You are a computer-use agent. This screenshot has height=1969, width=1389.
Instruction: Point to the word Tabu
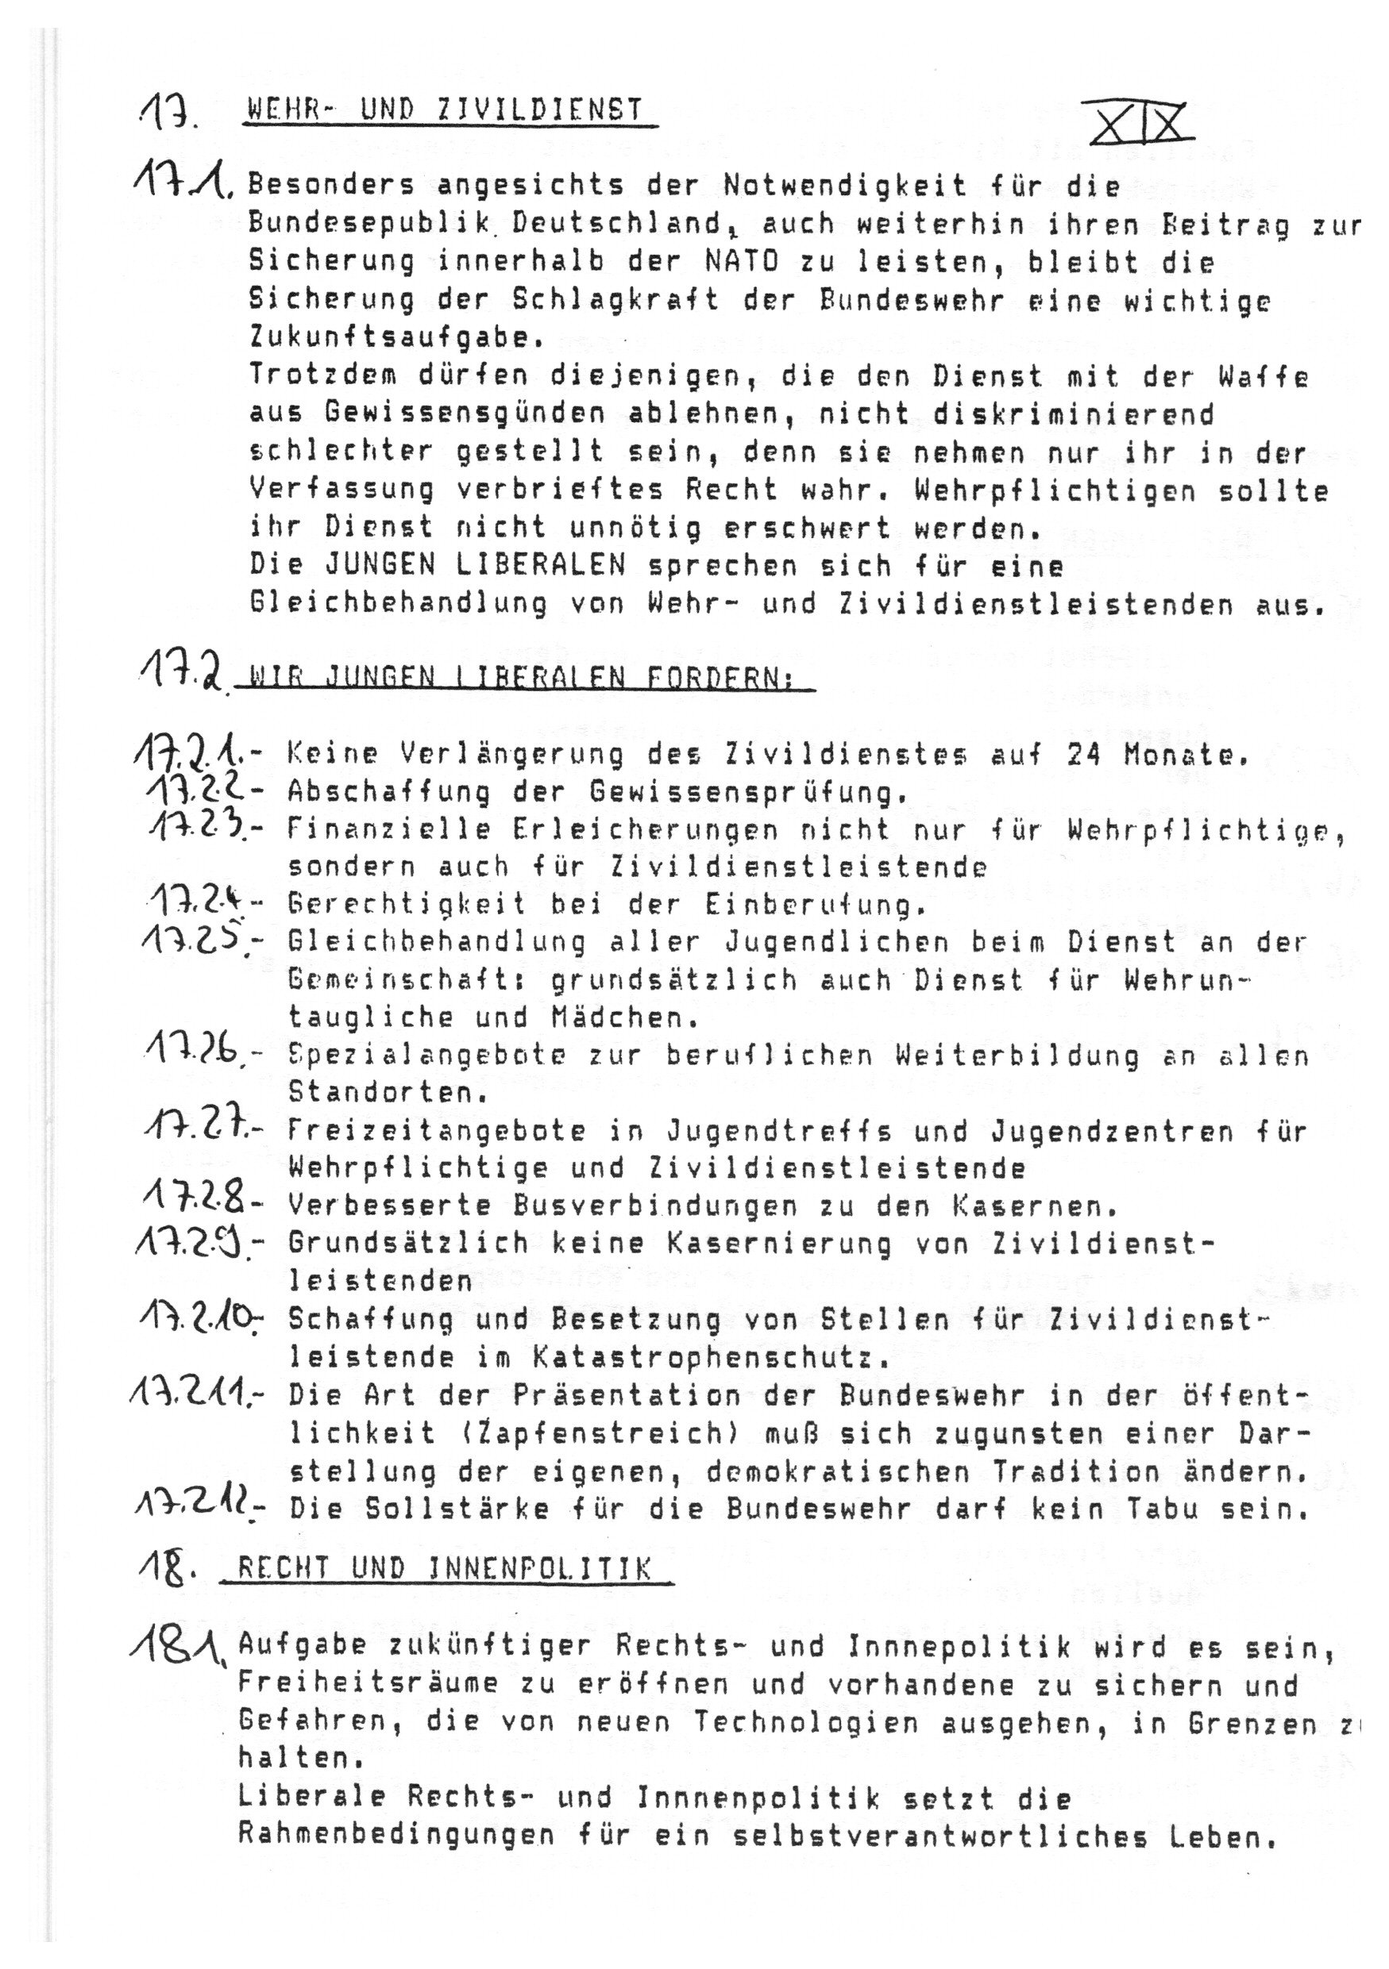(1179, 1509)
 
